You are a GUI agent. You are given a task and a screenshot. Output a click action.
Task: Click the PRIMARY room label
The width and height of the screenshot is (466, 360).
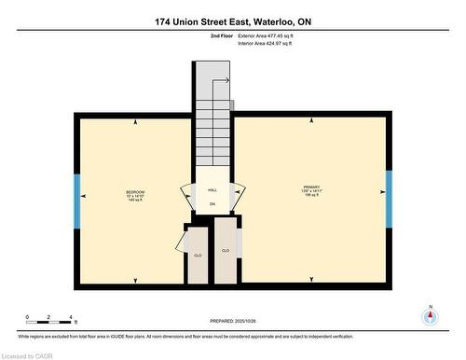(310, 187)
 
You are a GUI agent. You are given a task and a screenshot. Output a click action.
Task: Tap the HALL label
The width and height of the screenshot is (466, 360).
(212, 189)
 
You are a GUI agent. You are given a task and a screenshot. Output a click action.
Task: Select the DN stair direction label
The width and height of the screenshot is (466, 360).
(212, 203)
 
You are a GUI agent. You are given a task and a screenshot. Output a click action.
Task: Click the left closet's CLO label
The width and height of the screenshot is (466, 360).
(198, 256)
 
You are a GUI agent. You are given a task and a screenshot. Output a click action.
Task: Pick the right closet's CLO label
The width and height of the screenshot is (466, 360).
(226, 250)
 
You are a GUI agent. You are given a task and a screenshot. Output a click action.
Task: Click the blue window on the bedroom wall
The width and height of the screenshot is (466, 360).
(77, 196)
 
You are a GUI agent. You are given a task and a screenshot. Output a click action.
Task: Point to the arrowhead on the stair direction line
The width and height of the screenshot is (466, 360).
(221, 83)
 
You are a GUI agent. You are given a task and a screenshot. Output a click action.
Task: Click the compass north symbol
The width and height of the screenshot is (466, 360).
(430, 315)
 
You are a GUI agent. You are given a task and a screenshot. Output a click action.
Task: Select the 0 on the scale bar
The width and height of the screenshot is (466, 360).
(27, 318)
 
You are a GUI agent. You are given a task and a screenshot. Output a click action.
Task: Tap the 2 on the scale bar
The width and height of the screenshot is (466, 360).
(50, 318)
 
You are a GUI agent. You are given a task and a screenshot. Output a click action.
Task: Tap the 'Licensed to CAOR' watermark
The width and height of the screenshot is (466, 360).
(27, 353)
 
